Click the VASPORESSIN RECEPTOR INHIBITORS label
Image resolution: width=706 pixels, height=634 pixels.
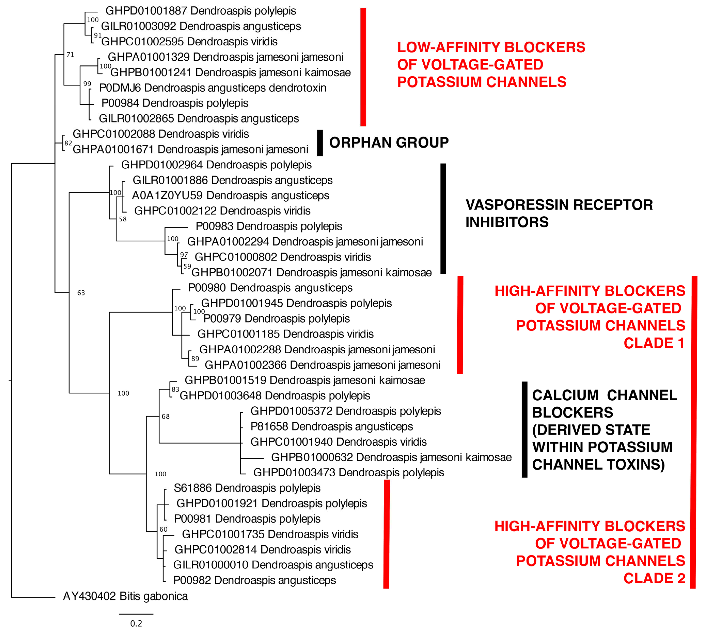tap(559, 213)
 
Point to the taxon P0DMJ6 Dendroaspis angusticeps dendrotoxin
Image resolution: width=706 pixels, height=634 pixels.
tap(212, 88)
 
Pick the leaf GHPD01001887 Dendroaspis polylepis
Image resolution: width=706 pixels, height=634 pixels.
tap(201, 11)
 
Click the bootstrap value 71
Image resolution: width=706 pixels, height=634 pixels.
tap(70, 55)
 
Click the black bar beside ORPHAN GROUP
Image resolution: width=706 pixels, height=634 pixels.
tap(320, 143)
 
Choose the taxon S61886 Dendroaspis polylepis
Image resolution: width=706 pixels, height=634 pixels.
tap(247, 488)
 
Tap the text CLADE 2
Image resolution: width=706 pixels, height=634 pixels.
tap(654, 578)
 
